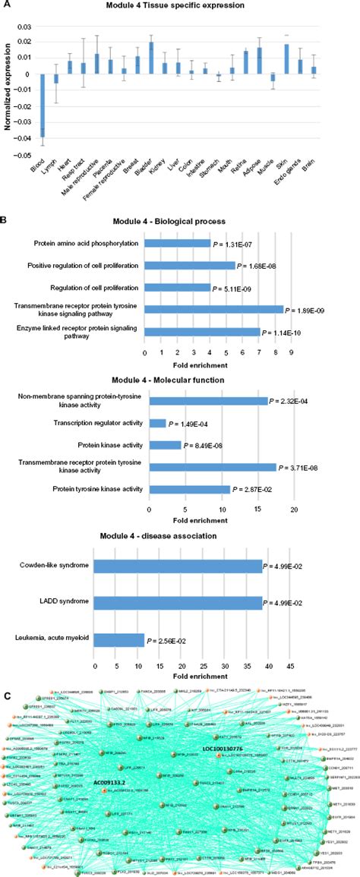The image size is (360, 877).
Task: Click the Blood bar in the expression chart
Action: (x=43, y=106)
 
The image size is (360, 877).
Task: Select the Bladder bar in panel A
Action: (x=151, y=58)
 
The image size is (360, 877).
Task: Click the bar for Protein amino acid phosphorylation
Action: (x=177, y=244)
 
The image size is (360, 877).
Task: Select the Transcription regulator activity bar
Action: (x=157, y=423)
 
